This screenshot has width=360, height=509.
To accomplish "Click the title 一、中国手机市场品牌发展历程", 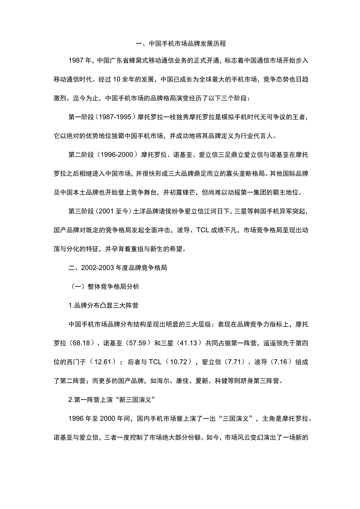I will (180, 44).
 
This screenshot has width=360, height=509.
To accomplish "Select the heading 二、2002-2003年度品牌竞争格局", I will (118, 268).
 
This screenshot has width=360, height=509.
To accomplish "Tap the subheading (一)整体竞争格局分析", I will (103, 287).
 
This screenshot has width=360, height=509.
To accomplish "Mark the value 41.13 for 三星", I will (188, 343).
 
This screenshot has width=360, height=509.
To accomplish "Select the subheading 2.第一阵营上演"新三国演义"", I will (112, 399).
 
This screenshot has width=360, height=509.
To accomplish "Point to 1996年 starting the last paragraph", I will (80, 418).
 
